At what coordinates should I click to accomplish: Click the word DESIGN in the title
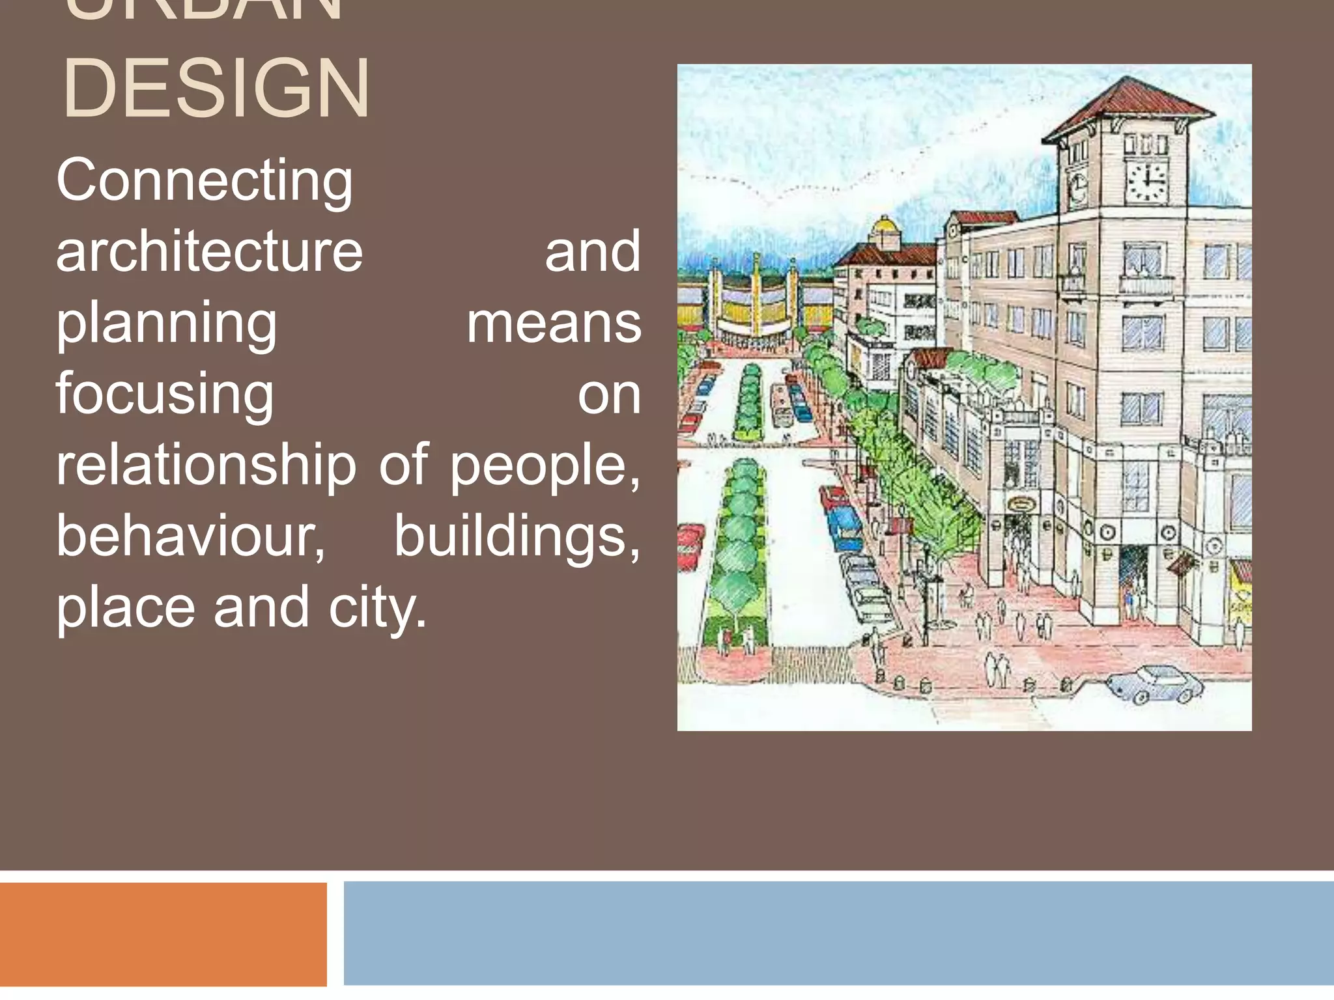coord(216,89)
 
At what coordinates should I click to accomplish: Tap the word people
coord(545,466)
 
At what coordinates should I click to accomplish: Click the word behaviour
coord(190,536)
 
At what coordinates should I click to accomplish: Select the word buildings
coord(517,536)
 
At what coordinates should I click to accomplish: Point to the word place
coord(126,608)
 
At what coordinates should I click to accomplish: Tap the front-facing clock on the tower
coord(1147,182)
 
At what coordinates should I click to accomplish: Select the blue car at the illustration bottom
coord(1155,684)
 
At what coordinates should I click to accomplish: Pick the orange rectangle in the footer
coord(163,934)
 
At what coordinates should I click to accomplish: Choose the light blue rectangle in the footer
coord(838,934)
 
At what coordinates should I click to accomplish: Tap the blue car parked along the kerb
coord(845,523)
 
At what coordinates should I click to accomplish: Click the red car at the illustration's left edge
coord(689,544)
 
